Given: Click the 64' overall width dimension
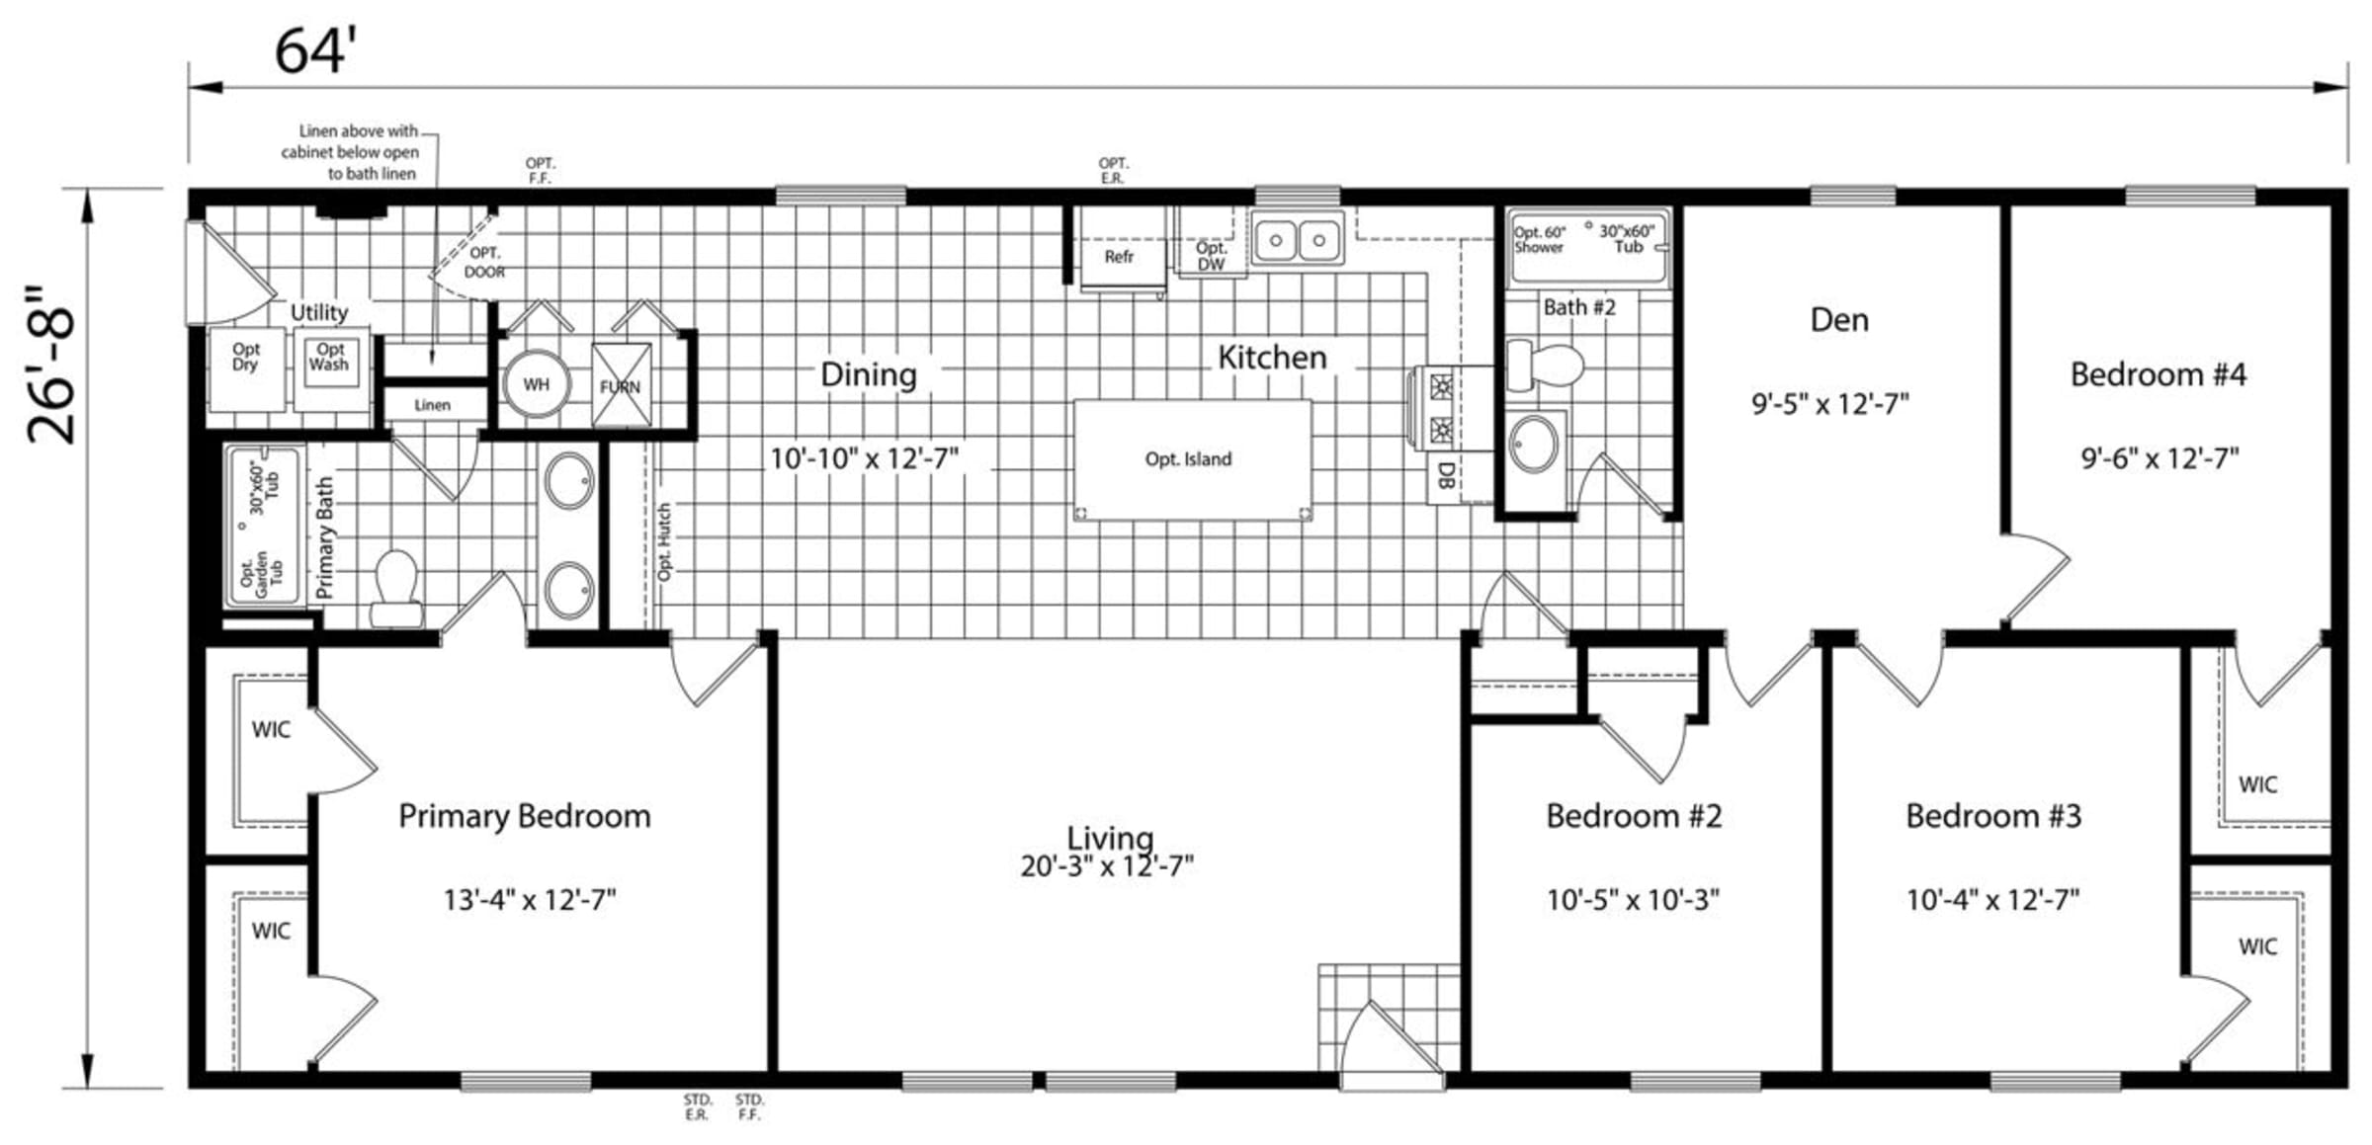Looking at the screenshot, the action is tap(314, 50).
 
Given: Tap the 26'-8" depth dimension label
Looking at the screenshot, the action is tap(51, 366).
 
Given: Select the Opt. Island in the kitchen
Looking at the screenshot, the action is tap(1192, 459).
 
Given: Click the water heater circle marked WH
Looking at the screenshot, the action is tap(537, 384).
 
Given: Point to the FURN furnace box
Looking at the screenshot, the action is tap(621, 385).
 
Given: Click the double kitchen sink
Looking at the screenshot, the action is tap(1297, 238).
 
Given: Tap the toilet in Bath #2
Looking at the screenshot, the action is tap(1545, 366).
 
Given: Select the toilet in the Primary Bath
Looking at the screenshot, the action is tap(397, 589).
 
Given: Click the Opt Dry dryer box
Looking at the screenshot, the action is tap(246, 369).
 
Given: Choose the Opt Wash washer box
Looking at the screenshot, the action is tap(330, 369).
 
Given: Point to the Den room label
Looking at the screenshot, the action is tap(1839, 319).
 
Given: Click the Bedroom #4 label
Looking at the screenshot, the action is tap(2158, 374).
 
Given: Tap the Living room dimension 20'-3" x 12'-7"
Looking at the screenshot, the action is tap(1107, 866).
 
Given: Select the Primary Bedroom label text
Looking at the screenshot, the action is tap(525, 816).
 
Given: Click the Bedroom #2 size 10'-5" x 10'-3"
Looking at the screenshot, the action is tap(1633, 900).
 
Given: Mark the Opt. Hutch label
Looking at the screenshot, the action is tap(665, 542).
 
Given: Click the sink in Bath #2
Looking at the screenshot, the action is tap(1534, 444).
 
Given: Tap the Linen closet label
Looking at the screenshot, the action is tap(432, 405).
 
